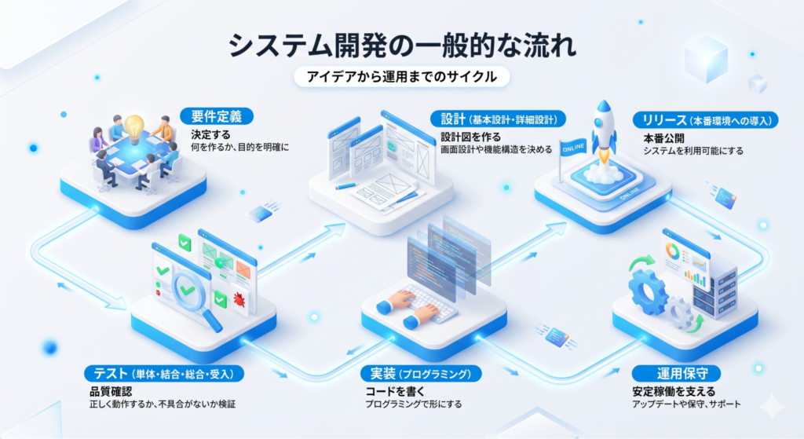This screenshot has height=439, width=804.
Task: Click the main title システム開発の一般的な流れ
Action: click(402, 46)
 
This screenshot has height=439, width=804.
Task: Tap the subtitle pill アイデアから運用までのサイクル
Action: click(402, 77)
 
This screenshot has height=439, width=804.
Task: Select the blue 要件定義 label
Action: click(217, 116)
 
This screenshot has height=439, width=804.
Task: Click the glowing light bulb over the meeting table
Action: click(134, 126)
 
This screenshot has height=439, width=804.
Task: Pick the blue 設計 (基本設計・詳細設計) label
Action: click(498, 119)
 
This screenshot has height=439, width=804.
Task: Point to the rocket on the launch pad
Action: click(604, 132)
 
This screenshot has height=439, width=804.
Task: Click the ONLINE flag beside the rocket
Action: click(572, 148)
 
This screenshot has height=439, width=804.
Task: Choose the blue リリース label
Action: click(706, 120)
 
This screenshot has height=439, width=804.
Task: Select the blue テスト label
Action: click(164, 374)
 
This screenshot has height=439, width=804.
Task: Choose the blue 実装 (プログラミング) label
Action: click(421, 374)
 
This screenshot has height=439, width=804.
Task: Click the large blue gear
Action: click(648, 292)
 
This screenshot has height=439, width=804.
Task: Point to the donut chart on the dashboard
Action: click(672, 252)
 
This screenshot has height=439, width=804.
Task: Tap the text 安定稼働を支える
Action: click(674, 392)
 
